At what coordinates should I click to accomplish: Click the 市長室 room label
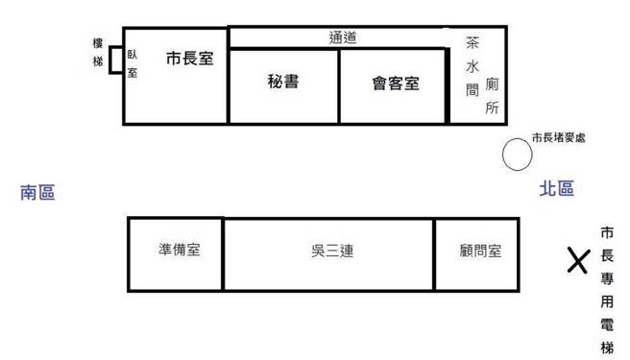(189, 59)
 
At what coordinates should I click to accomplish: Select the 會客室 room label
(396, 83)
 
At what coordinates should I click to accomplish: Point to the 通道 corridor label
(344, 37)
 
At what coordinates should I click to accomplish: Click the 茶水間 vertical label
(472, 67)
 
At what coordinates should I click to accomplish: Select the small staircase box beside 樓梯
(115, 60)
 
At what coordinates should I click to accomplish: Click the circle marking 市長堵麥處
(518, 155)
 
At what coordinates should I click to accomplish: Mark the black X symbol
(577, 259)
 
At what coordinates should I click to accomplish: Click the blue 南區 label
(37, 193)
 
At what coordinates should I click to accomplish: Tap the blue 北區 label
(556, 189)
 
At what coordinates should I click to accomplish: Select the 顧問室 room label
(480, 252)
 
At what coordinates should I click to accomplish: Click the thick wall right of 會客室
(448, 85)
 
